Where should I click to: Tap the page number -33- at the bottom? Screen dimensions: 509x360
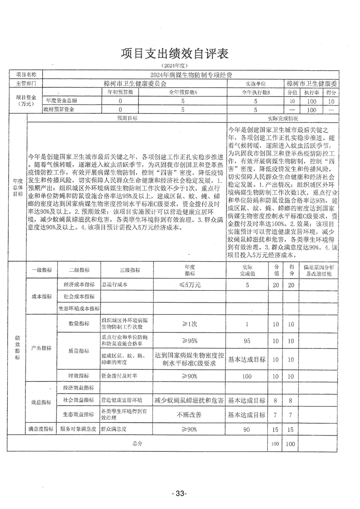pyautogui.click(x=179, y=494)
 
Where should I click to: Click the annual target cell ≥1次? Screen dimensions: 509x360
pyautogui.click(x=190, y=324)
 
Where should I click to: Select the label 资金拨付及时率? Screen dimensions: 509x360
pyautogui.click(x=119, y=376)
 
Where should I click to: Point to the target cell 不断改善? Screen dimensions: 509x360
pyautogui.click(x=190, y=415)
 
